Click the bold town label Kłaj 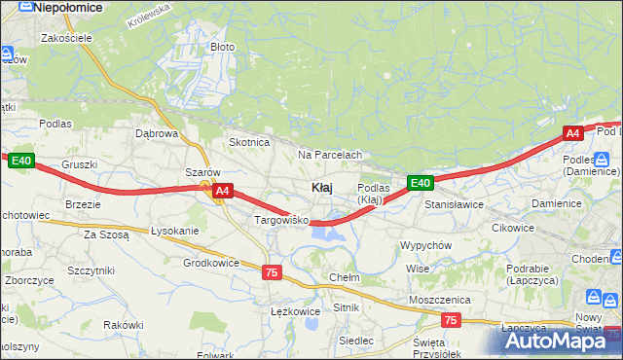(324, 187)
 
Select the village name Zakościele (66, 38)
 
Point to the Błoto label (222, 47)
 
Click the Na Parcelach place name (330, 155)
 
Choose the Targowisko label (280, 221)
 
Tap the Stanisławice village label (455, 205)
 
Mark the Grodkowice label (211, 263)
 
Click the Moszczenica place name (440, 300)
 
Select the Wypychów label (425, 245)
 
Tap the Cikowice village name (513, 228)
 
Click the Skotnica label (248, 142)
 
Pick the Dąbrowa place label (157, 133)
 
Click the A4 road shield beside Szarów (222, 192)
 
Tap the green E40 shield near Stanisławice (420, 183)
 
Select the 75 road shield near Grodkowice (272, 273)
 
